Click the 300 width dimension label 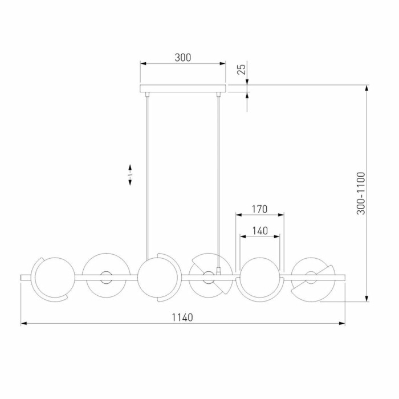182,58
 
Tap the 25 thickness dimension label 242,69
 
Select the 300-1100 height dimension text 360,193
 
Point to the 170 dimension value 259,209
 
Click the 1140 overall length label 182,317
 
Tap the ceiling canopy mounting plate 183,88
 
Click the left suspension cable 148,171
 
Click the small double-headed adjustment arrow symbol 131,174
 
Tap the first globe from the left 52,278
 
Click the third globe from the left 156,278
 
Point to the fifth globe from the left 260,278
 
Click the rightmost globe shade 311,278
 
